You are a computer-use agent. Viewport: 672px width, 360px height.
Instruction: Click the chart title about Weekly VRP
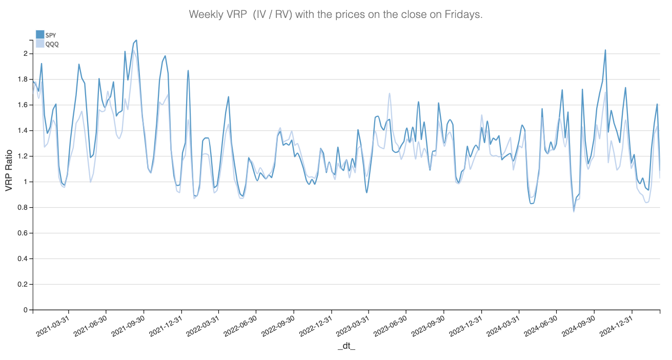[336, 14]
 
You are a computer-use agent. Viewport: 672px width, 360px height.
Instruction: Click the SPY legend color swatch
[40, 34]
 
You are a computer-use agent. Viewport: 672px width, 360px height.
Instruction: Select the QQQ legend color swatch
[40, 44]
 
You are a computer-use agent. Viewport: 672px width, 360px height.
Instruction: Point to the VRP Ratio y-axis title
[9, 171]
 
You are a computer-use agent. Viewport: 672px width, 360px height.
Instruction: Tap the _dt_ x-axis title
[347, 347]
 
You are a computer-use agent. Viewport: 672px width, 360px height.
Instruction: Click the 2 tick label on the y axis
[25, 54]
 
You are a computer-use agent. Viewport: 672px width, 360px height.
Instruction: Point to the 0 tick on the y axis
[25, 310]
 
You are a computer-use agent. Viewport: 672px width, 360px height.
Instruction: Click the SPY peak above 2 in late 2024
[605, 50]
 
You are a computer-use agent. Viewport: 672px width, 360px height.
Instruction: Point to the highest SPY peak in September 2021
[136, 40]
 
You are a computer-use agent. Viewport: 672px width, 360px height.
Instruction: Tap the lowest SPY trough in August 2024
[574, 209]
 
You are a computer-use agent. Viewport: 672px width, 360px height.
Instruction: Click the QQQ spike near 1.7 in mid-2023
[390, 93]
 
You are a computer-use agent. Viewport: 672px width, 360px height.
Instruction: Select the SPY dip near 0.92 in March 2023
[366, 192]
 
